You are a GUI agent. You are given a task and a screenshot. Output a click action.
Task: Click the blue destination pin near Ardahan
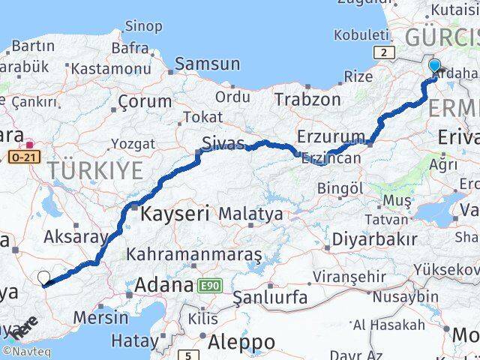click(x=434, y=66)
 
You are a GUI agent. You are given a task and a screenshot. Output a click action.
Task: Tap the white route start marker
click(x=44, y=278)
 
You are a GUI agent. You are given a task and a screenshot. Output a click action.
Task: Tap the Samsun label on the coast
click(x=207, y=64)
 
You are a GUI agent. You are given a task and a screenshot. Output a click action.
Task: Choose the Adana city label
click(x=164, y=285)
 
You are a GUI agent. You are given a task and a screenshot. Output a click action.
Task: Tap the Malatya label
click(x=250, y=214)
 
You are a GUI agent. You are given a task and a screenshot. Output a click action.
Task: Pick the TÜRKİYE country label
click(x=95, y=170)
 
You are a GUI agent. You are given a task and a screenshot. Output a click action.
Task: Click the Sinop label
click(x=142, y=26)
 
